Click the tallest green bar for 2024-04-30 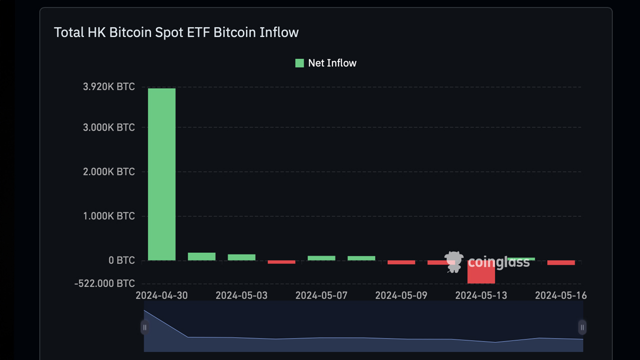click(x=161, y=174)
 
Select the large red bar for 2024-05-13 click(x=481, y=272)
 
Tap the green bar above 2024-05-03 click(x=241, y=257)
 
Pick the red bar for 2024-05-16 click(x=561, y=262)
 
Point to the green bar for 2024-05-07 click(x=321, y=258)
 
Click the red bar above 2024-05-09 click(x=401, y=262)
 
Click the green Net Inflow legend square click(x=299, y=63)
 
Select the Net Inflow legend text click(x=332, y=63)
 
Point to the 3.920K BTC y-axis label click(x=108, y=87)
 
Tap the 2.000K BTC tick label click(x=108, y=171)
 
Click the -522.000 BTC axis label click(x=104, y=283)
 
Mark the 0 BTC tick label click(x=121, y=260)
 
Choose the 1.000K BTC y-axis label click(x=108, y=216)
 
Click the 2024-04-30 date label click(x=161, y=295)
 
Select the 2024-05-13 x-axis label click(x=481, y=295)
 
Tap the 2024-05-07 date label click(x=321, y=295)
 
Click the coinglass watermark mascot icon click(x=454, y=261)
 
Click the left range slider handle click(x=144, y=327)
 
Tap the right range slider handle click(x=582, y=327)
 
